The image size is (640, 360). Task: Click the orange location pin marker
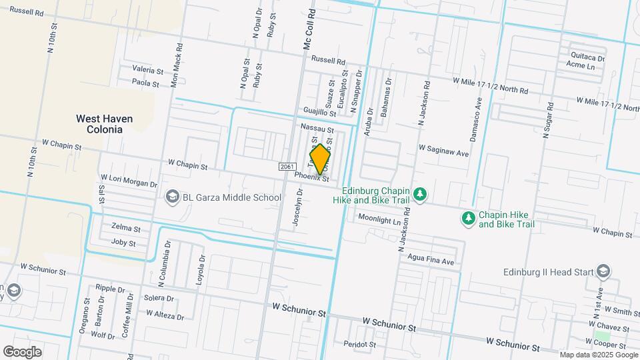tap(321, 159)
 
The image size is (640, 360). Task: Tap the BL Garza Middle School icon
tap(172, 197)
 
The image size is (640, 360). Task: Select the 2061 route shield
tap(287, 166)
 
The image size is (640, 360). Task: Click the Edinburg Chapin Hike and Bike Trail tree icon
tap(420, 194)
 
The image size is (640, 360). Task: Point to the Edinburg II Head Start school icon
tap(603, 271)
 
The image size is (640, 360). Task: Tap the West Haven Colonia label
tap(104, 124)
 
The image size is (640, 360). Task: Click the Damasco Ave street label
tap(478, 115)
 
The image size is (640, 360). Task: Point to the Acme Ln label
tap(580, 65)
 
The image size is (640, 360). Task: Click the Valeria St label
tap(147, 70)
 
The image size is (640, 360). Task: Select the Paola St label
tap(145, 84)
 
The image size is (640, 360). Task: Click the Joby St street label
tap(123, 243)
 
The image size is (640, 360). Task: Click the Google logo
tap(23, 351)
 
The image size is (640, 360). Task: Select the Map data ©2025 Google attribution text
tap(599, 355)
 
